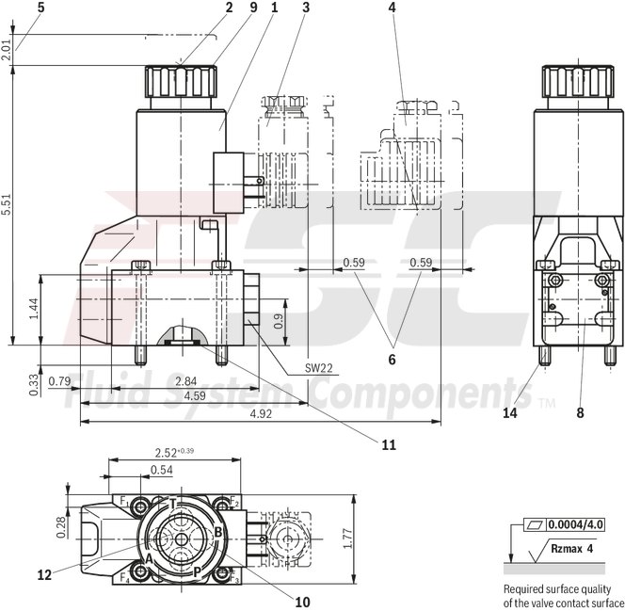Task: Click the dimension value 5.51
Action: coord(8,206)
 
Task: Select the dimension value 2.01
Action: coord(8,51)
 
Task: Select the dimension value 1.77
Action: coord(347,538)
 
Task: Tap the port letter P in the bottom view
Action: coord(197,571)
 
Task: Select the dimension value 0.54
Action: coord(162,470)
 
